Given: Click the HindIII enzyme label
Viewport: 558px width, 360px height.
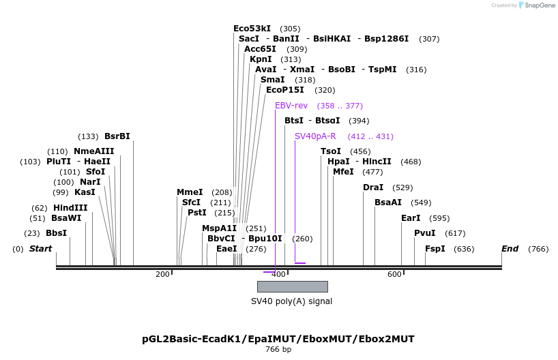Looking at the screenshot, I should click(70, 208).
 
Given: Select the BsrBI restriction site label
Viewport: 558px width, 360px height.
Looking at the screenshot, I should click(117, 136).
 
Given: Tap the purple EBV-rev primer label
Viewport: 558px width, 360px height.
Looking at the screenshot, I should click(291, 106).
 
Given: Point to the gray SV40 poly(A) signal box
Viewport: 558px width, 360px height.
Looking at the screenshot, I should click(292, 286).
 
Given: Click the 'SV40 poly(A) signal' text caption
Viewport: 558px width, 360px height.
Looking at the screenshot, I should click(292, 301).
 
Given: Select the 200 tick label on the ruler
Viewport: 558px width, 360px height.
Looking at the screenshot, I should click(162, 274).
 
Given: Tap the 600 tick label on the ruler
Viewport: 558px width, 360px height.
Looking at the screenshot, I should click(394, 274).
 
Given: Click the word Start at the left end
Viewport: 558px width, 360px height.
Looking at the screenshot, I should click(40, 249).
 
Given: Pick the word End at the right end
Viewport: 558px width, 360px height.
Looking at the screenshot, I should click(510, 249).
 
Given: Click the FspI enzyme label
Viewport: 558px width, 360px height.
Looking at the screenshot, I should click(435, 249).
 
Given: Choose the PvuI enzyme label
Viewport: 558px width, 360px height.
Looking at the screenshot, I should click(424, 233).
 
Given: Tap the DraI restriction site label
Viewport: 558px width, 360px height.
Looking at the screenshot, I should click(372, 187).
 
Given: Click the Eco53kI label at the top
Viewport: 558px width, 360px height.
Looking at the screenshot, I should click(252, 29).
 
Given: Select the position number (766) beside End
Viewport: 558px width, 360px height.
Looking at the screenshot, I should click(538, 249).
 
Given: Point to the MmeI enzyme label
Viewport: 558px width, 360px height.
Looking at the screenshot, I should click(190, 192).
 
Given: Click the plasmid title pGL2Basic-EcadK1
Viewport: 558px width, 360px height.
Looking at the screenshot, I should click(278, 339).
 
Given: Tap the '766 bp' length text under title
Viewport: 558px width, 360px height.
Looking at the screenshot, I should click(278, 350).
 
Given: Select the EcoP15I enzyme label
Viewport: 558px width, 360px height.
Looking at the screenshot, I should click(284, 90).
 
